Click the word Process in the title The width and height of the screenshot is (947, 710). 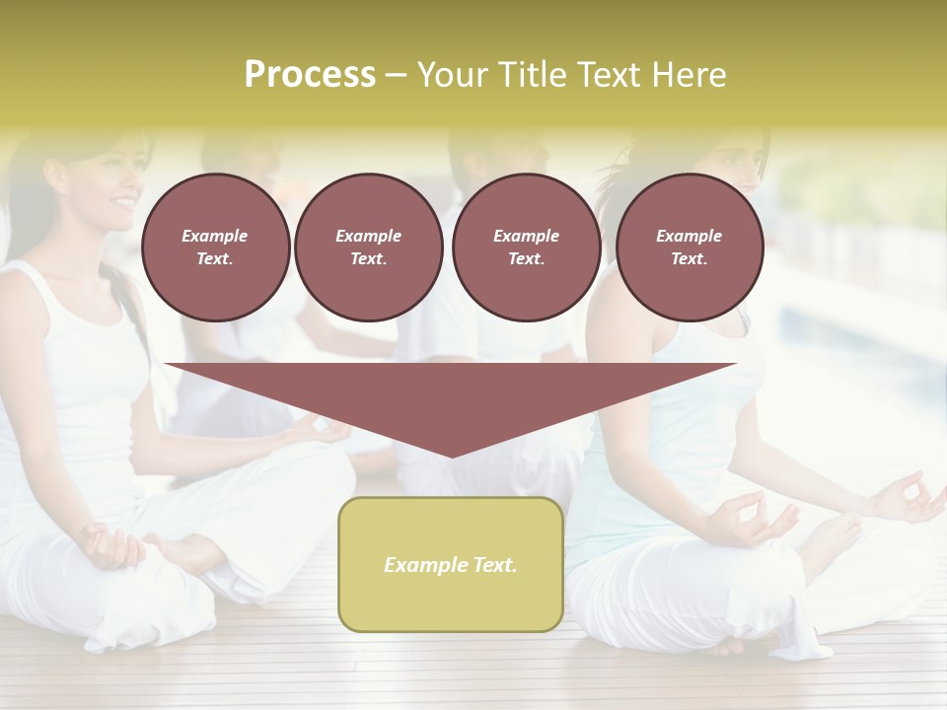(x=310, y=75)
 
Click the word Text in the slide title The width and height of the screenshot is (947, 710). (x=610, y=75)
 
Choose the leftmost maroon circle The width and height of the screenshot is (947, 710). (x=215, y=248)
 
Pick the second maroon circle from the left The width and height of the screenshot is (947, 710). (x=368, y=248)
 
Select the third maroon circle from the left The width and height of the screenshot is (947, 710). (x=526, y=248)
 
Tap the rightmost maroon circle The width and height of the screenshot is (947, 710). (x=690, y=248)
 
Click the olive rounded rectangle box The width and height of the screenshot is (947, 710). (x=451, y=564)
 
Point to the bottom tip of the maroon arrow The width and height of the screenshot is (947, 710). (x=451, y=455)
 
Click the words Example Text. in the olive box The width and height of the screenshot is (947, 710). (x=451, y=565)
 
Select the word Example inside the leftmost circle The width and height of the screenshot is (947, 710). (x=215, y=236)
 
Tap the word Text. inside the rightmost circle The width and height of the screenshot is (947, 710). (x=690, y=259)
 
